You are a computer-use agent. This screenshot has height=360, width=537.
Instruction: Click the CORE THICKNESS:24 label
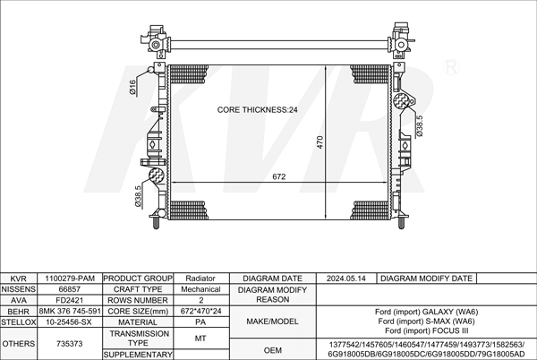[x=258, y=110]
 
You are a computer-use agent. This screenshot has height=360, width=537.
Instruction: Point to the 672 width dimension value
[x=279, y=176]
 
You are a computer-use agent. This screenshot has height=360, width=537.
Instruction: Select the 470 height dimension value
[x=318, y=141]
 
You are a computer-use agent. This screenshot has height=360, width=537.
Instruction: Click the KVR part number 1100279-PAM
[x=70, y=279]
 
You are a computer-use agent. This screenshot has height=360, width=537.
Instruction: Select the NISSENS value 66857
[x=70, y=290]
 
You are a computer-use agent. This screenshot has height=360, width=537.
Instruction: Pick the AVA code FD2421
[x=70, y=301]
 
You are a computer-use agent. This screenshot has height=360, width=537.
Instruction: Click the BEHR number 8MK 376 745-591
[x=70, y=312]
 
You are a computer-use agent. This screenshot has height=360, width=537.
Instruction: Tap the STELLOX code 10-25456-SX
[x=70, y=321]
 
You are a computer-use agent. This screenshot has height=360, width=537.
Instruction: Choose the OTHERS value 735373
[x=70, y=343]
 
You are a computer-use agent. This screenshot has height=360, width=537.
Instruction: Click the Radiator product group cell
[x=200, y=279]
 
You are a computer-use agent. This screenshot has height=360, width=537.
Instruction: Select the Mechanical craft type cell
[x=200, y=290]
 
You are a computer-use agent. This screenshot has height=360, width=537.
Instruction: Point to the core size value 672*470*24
[x=200, y=312]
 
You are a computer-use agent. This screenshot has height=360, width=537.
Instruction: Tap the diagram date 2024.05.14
[x=347, y=279]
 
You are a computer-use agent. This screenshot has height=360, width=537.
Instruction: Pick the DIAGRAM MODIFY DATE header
[x=426, y=279]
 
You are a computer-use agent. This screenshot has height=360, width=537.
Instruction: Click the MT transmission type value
[x=200, y=338]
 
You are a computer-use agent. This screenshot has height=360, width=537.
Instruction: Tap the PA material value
[x=200, y=321]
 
